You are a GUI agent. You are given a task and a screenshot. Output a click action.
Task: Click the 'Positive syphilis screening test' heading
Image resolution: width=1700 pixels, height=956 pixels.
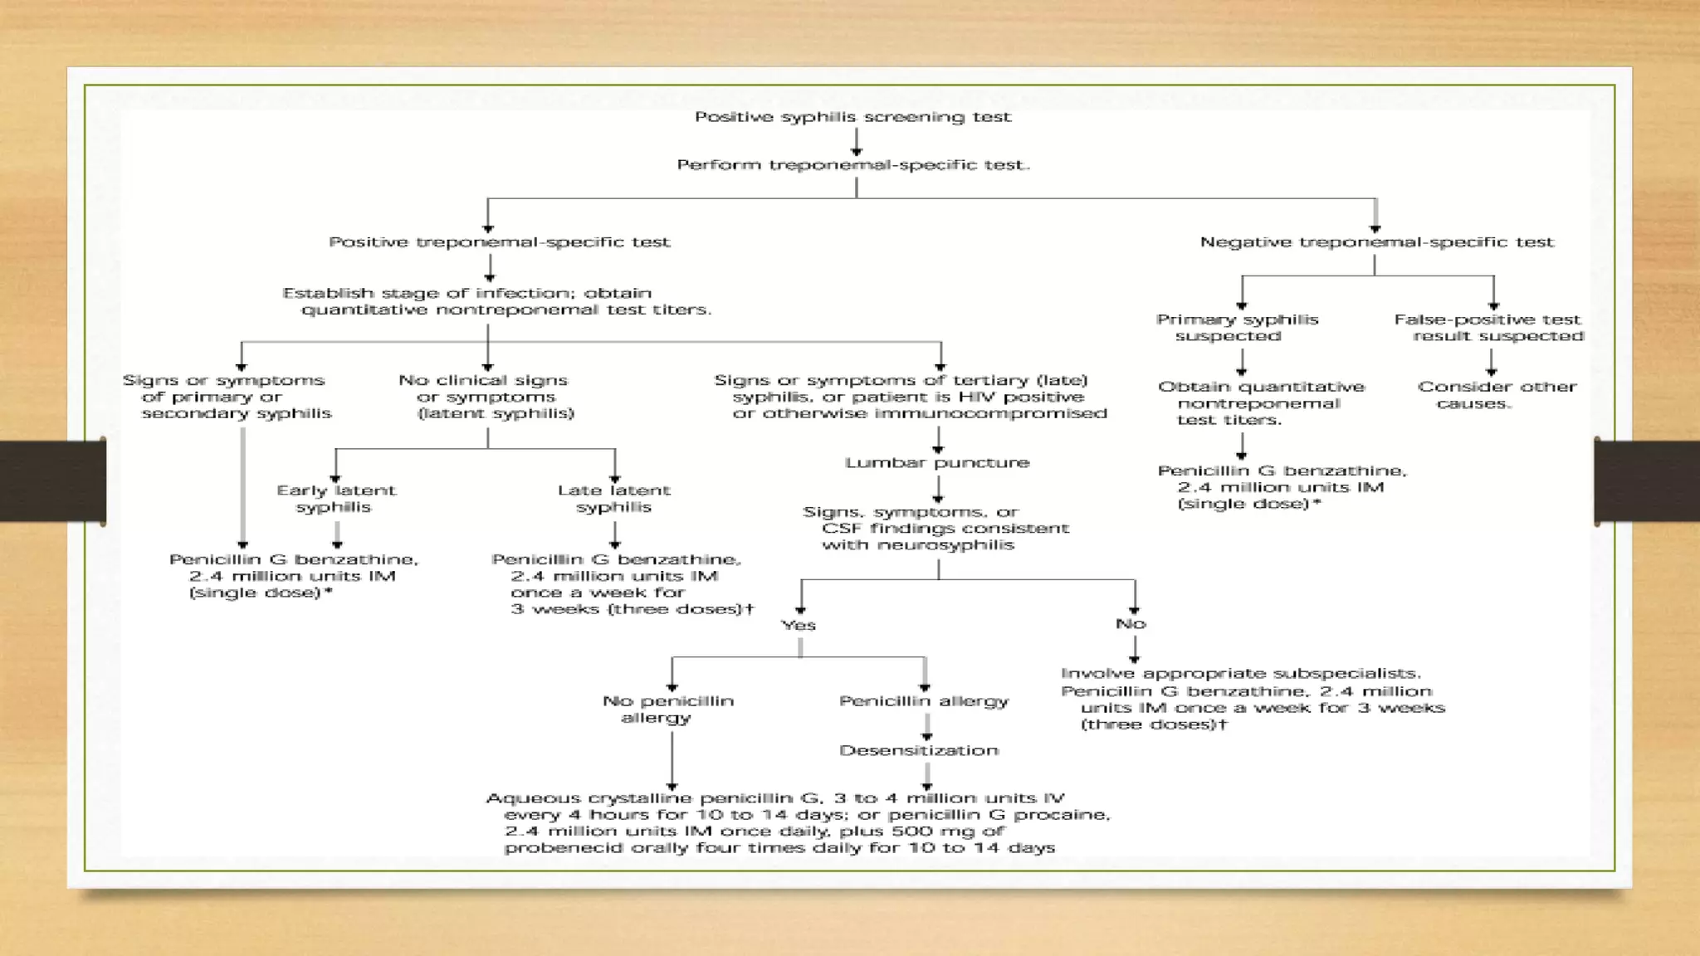click(x=852, y=117)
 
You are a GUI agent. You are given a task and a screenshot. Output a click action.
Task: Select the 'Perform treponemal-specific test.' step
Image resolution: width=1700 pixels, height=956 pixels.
click(x=853, y=165)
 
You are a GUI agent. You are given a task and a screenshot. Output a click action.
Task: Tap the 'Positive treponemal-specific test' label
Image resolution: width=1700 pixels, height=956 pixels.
click(x=499, y=242)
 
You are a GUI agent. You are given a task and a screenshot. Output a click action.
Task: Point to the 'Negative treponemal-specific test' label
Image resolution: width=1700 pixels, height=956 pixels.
click(x=1376, y=242)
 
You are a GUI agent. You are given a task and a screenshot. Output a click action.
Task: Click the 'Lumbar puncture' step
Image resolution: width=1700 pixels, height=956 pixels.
click(x=937, y=463)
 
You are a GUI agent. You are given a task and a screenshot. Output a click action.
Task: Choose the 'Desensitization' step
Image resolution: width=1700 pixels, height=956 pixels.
click(x=919, y=751)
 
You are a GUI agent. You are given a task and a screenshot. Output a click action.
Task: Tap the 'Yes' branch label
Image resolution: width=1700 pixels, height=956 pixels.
click(x=799, y=626)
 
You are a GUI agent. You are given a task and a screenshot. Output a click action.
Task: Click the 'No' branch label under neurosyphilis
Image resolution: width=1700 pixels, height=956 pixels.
click(x=1131, y=624)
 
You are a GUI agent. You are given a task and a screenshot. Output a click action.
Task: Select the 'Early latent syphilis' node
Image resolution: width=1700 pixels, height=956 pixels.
click(x=336, y=499)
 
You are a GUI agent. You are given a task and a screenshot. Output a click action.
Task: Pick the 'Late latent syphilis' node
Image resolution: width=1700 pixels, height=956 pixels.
click(x=614, y=499)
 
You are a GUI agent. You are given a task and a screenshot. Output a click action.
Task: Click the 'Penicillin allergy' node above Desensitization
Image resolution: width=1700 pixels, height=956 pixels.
click(x=924, y=702)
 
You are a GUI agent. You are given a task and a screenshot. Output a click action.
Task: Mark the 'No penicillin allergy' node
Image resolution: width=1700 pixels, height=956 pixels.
click(x=667, y=710)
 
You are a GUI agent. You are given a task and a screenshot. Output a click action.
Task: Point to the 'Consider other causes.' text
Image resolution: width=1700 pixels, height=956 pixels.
click(x=1497, y=395)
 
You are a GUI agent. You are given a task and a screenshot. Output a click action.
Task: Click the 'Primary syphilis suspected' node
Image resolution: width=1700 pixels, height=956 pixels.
click(x=1237, y=328)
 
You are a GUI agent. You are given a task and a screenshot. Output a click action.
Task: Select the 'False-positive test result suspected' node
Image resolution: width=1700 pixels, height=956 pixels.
click(x=1488, y=328)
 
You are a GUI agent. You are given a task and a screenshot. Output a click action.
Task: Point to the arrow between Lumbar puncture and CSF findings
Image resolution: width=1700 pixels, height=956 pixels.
click(x=938, y=489)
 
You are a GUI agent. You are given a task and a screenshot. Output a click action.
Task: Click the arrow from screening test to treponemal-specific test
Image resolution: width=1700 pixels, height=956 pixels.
click(x=856, y=142)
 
